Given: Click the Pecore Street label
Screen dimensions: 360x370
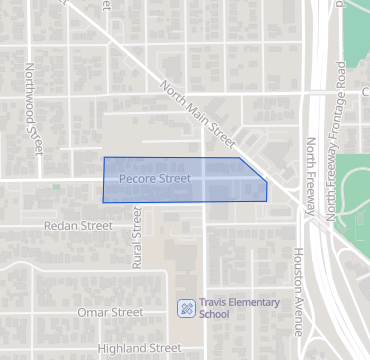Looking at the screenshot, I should click(154, 179).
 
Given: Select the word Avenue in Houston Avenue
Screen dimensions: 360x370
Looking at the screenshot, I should click(298, 314).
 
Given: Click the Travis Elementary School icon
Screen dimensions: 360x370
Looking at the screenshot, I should click(185, 307).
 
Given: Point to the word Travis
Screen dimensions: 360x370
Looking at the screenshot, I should click(214, 302).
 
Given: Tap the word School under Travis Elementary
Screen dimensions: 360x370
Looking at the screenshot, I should click(214, 314).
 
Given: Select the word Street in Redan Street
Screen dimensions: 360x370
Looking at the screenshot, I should click(96, 226).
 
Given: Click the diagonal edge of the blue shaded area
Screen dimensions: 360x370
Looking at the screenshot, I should click(253, 170).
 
